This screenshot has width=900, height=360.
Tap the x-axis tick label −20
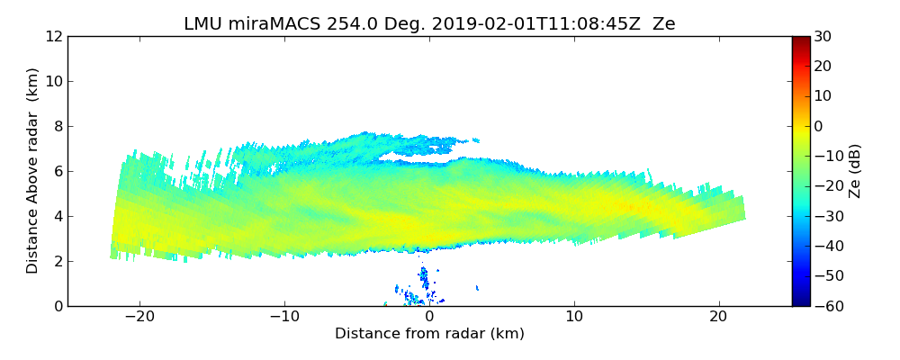pos(139,317)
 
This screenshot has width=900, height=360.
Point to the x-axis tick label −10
pos(284,317)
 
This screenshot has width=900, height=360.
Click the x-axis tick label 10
pos(574,317)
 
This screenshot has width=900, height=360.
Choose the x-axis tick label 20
pos(718,317)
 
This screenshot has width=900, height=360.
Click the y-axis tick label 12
pos(53,37)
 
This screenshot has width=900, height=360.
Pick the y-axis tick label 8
pos(57,127)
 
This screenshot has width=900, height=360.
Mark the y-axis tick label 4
pos(57,217)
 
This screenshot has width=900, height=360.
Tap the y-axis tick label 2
pos(57,262)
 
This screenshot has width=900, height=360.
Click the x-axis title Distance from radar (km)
pos(429,334)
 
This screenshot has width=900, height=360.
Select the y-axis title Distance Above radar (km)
pos(33,170)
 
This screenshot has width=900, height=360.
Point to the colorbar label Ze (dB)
pos(856,170)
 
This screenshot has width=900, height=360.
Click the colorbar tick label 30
pos(821,37)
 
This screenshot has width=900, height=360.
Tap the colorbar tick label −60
pos(824,306)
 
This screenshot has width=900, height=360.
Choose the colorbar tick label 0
pos(817,126)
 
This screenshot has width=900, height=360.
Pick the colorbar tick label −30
pos(824,216)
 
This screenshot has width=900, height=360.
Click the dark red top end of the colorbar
pos(800,40)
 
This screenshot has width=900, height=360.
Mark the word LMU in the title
pos(202,24)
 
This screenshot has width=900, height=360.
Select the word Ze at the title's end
pos(664,24)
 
